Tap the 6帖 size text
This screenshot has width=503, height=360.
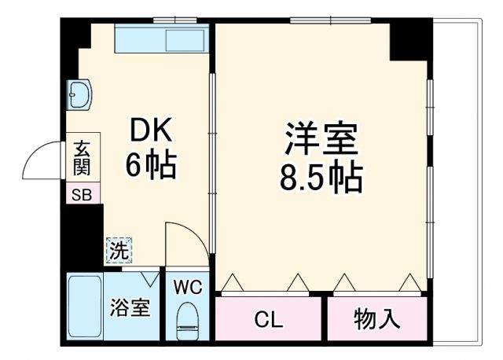coord(150,165)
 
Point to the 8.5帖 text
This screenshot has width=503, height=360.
coord(321,178)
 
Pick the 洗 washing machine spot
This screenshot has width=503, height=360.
coord(119,251)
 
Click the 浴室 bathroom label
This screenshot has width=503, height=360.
coord(129,307)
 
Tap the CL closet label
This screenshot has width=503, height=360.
coord(268,319)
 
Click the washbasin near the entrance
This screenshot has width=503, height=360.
coord(80,96)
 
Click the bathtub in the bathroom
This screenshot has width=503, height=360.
coord(83,307)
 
